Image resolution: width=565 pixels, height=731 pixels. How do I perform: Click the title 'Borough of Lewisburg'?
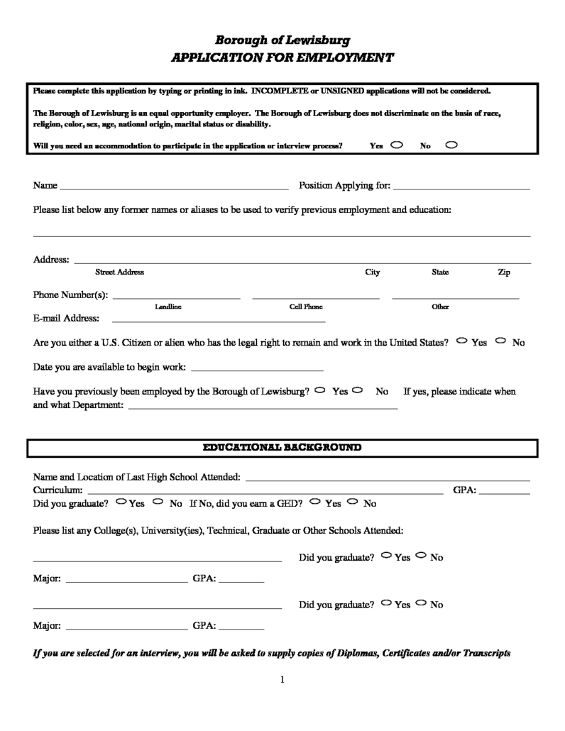pyautogui.click(x=282, y=40)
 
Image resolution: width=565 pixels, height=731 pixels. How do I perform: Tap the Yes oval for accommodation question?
pyautogui.click(x=396, y=145)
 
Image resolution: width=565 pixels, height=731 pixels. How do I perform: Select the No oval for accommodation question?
pyautogui.click(x=451, y=145)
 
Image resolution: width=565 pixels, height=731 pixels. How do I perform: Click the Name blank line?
pyautogui.click(x=174, y=189)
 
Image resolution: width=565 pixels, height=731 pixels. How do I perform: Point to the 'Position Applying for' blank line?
pyautogui.click(x=461, y=189)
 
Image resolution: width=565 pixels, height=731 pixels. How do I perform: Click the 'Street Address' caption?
pyautogui.click(x=119, y=273)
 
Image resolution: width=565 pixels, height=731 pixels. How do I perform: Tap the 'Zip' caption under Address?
pyautogui.click(x=504, y=273)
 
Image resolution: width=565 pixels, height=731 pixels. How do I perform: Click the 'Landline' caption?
pyautogui.click(x=168, y=307)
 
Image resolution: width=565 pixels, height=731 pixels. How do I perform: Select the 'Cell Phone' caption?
pyautogui.click(x=306, y=307)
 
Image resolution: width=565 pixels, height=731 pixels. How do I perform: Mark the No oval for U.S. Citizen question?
pyautogui.click(x=502, y=341)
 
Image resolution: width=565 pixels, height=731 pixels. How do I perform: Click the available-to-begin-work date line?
pyautogui.click(x=257, y=370)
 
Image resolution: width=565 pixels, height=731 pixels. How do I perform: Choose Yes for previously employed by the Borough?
pyautogui.click(x=320, y=390)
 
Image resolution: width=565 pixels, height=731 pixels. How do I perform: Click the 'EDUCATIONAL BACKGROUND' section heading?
pyautogui.click(x=282, y=449)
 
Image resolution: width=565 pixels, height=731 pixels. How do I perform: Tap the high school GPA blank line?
pyautogui.click(x=505, y=493)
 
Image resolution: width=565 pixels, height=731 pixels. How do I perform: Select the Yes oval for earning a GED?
pyautogui.click(x=316, y=502)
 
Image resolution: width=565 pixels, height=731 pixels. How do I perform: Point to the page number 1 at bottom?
pyautogui.click(x=282, y=680)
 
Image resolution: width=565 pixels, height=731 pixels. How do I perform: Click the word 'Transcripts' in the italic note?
pyautogui.click(x=487, y=653)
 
